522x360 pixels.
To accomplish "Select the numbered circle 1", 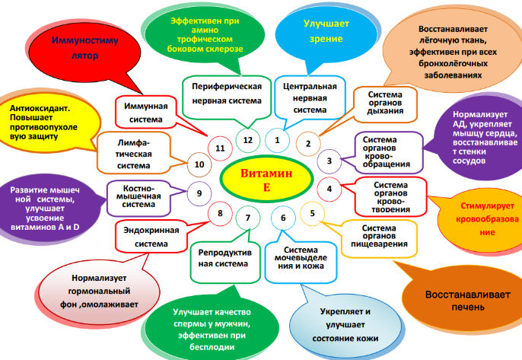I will tap(278, 140).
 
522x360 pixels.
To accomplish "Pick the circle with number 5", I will tap(312, 213).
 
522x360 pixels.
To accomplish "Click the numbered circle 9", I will tap(199, 193).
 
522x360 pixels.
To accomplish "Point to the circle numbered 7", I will tap(247, 219).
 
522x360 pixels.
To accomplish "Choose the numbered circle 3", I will tap(329, 161).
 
